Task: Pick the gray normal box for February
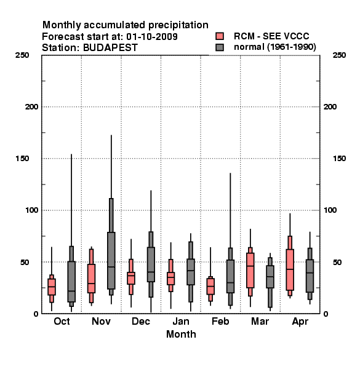click(230, 277)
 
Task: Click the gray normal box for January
click(191, 272)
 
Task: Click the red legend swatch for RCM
click(220, 36)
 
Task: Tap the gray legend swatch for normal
click(220, 47)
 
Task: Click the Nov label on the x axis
click(102, 322)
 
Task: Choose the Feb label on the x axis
click(220, 322)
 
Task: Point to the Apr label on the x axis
click(300, 322)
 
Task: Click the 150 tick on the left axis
click(22, 159)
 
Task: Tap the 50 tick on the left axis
click(25, 262)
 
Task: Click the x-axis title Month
click(181, 334)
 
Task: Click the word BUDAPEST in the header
click(110, 48)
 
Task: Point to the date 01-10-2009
click(152, 37)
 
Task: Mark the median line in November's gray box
click(111, 267)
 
